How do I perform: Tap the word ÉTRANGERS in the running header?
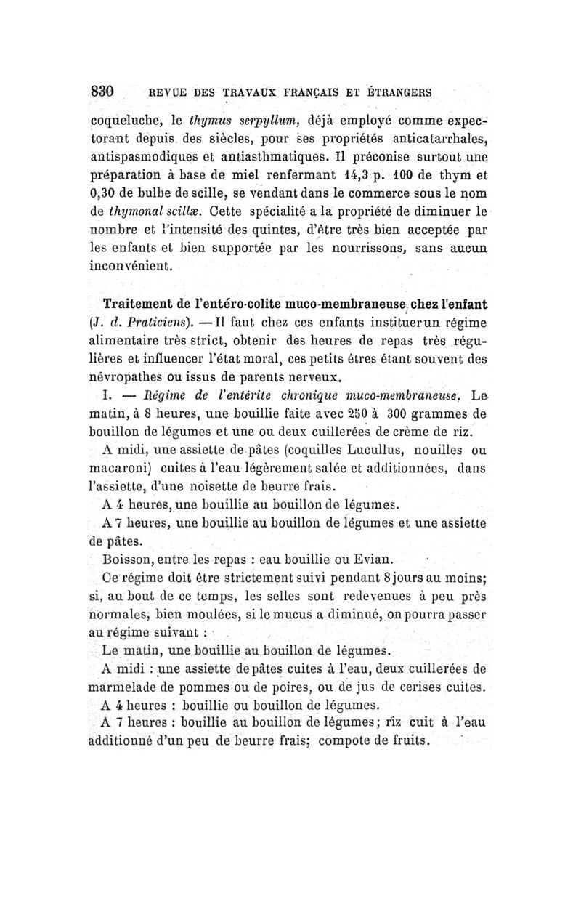tap(397, 93)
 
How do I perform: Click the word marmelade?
tap(123, 687)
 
